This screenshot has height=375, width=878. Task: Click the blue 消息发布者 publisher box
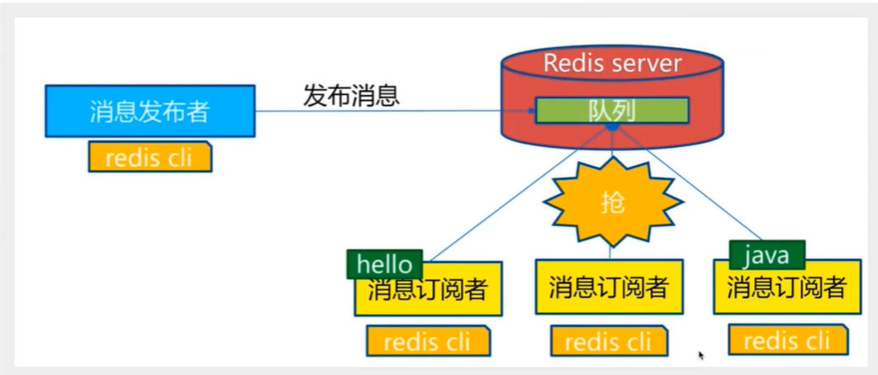coord(149,111)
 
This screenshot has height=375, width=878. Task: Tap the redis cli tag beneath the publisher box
coord(149,157)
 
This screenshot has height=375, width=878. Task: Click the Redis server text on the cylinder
coord(612,64)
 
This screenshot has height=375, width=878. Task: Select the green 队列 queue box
coord(612,111)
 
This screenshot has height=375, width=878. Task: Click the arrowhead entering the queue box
coord(531,112)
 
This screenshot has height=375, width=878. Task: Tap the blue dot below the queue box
coord(612,127)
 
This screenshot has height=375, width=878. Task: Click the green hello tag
coord(384,264)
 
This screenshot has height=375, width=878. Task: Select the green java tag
coord(766,254)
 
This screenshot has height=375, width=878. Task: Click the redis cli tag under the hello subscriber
coord(429,340)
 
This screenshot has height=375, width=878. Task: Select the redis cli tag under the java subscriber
coord(787,339)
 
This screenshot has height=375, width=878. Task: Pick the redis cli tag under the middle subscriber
coord(610,340)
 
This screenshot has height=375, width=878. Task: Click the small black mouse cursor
coord(701,356)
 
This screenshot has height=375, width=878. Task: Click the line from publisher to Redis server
coord(388,112)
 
